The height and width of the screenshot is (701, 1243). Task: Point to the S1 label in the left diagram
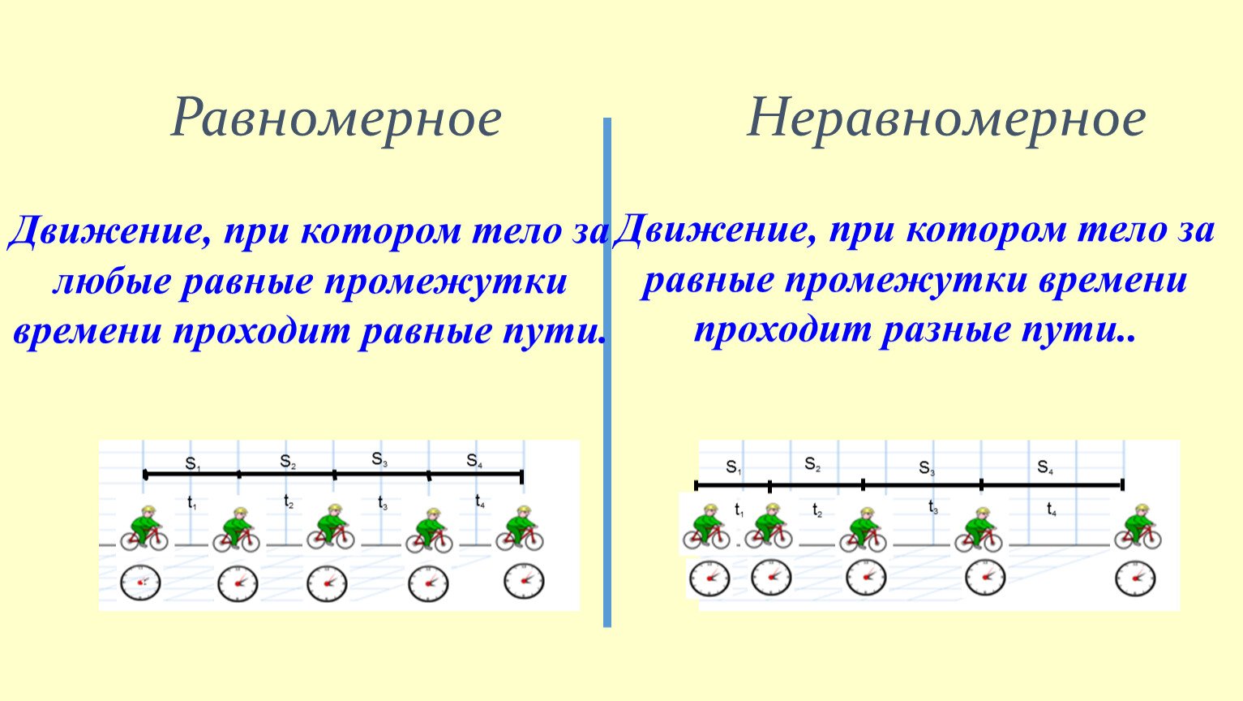pos(192,464)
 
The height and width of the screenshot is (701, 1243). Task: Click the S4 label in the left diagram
pos(474,461)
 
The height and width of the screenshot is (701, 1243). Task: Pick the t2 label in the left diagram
pos(289,501)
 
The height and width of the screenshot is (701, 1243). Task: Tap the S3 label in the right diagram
pos(927,468)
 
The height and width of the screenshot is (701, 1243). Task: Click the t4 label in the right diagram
pos(1052,509)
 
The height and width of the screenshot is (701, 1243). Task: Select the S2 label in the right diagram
pos(813,464)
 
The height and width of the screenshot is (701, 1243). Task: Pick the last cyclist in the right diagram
pos(1138,527)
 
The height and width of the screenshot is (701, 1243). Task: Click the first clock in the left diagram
pos(140,582)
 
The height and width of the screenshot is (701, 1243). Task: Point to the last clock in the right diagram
pos(1135,578)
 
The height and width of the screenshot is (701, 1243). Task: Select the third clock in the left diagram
pos(328,583)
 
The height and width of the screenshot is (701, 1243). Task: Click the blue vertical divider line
pos(607,372)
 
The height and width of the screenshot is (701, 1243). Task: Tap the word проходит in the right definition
pos(782,330)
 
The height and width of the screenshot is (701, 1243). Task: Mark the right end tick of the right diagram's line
pos(1122,485)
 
